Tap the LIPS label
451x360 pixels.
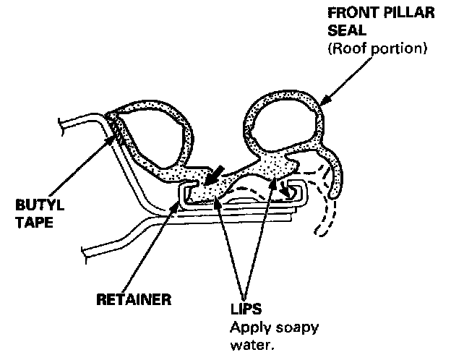[x=246, y=313]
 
